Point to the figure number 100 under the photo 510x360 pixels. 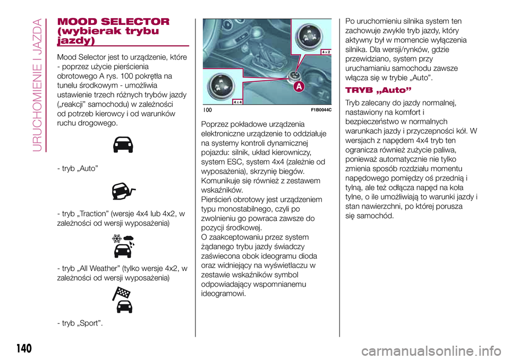[208, 109]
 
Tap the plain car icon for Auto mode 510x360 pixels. [122, 144]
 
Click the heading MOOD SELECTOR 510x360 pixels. [113, 22]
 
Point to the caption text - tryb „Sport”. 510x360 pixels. [80, 323]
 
